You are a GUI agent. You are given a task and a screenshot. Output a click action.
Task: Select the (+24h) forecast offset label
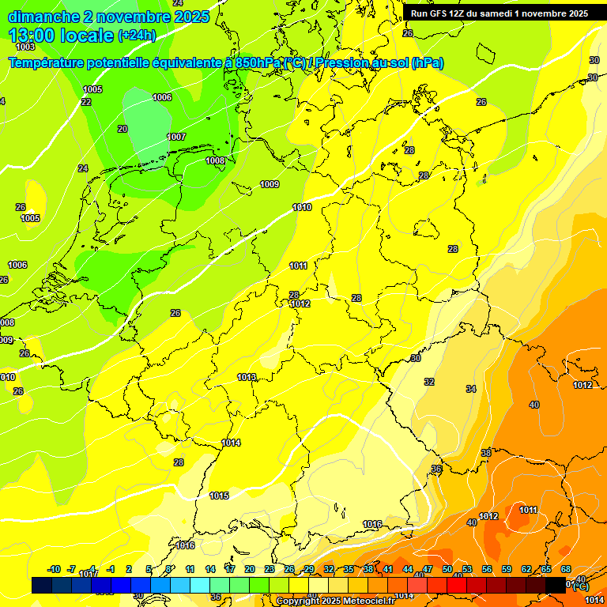[x=137, y=36]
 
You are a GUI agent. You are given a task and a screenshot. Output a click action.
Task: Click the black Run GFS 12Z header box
[x=499, y=13]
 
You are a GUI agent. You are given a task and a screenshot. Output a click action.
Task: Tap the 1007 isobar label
[x=176, y=138]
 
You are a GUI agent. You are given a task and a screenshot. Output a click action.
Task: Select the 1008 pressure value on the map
[x=215, y=160]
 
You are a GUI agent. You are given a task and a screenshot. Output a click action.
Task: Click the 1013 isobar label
[x=247, y=378]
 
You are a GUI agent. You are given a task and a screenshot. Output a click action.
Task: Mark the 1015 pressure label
[x=219, y=496]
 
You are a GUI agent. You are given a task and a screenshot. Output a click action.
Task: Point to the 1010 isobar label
[x=302, y=208]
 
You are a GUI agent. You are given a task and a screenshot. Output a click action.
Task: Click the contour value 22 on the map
[x=86, y=102]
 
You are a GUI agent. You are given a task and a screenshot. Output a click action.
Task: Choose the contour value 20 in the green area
[x=123, y=129]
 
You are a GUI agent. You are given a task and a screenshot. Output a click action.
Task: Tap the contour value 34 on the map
[x=471, y=389]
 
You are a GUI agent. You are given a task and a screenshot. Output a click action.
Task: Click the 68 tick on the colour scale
[x=566, y=569]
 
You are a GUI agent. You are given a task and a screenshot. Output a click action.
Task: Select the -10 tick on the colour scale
[x=54, y=569]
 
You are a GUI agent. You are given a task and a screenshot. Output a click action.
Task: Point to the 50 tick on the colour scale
[x=447, y=569]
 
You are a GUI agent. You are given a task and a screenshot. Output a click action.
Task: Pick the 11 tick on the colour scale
[x=190, y=569]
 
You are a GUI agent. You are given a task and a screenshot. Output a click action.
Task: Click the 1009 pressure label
[x=270, y=185]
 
